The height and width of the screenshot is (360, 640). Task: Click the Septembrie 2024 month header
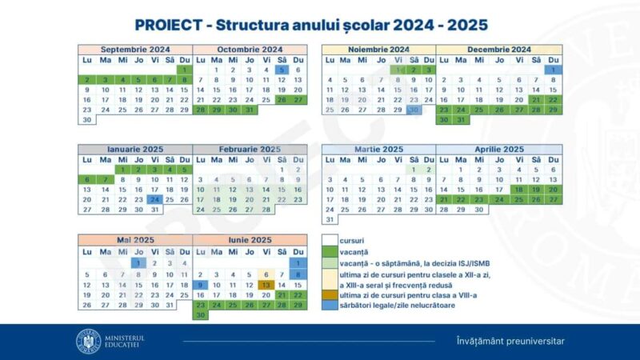pyautogui.click(x=134, y=50)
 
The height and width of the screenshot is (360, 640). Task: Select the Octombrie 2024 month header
pyautogui.click(x=250, y=50)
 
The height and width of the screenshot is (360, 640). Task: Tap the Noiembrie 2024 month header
pyautogui.click(x=378, y=50)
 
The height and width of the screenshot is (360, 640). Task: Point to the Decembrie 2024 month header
pyautogui.click(x=499, y=50)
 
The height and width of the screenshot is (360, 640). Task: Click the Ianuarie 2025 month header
pyautogui.click(x=134, y=150)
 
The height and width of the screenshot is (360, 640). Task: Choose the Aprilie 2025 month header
pyautogui.click(x=499, y=150)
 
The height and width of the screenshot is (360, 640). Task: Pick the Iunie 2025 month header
pyautogui.click(x=250, y=240)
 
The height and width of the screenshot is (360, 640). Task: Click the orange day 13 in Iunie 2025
pyautogui.click(x=266, y=284)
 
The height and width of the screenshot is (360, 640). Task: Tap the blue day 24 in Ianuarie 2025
pyautogui.click(x=154, y=199)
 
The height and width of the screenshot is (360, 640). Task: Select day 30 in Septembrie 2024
pyautogui.click(x=86, y=120)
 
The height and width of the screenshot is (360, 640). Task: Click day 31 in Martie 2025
pyautogui.click(x=329, y=219)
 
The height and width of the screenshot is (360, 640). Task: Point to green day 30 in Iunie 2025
pyautogui.click(x=200, y=314)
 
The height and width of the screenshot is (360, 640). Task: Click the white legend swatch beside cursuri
pyautogui.click(x=330, y=240)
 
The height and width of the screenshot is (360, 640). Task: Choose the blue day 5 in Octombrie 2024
pyautogui.click(x=282, y=70)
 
